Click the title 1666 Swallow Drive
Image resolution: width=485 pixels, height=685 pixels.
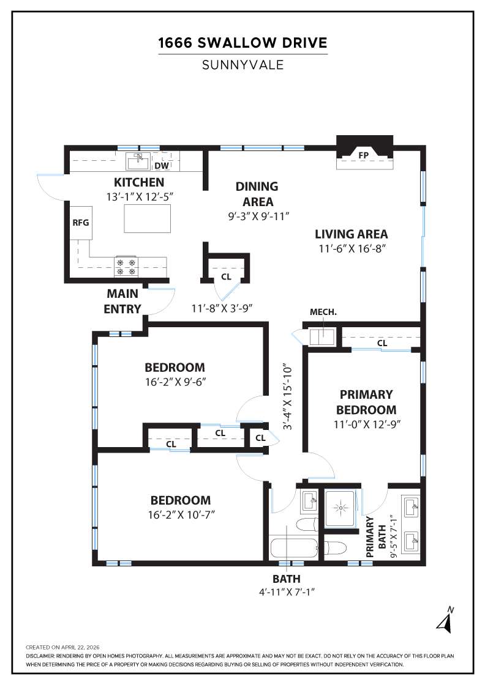pyautogui.click(x=242, y=43)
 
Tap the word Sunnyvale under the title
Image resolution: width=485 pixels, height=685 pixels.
pyautogui.click(x=242, y=65)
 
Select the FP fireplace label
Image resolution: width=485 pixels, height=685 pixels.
pyautogui.click(x=363, y=155)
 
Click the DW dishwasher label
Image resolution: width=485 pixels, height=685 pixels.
pyautogui.click(x=161, y=165)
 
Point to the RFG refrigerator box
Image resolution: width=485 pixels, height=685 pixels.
pyautogui.click(x=81, y=222)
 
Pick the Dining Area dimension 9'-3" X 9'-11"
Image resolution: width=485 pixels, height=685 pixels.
pyautogui.click(x=257, y=216)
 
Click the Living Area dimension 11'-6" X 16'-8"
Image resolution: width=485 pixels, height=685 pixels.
pyautogui.click(x=351, y=248)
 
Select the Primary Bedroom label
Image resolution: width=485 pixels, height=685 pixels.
pyautogui.click(x=366, y=402)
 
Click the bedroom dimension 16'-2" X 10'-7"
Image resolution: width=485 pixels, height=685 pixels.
pyautogui.click(x=181, y=514)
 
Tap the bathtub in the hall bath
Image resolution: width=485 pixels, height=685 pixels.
pyautogui.click(x=293, y=547)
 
